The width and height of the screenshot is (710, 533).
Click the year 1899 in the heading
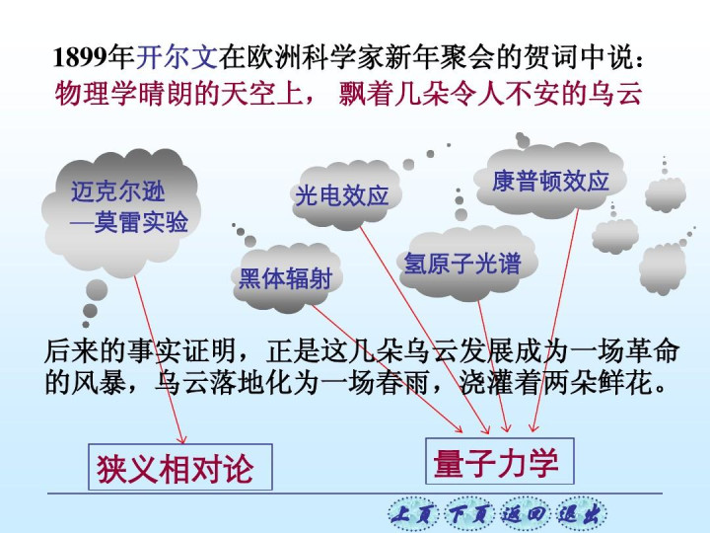click(80, 58)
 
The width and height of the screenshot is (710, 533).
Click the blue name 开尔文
click(177, 58)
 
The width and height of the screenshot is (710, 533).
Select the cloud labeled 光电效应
click(345, 194)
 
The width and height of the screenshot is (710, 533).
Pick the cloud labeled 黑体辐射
click(286, 277)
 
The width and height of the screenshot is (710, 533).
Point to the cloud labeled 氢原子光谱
click(466, 263)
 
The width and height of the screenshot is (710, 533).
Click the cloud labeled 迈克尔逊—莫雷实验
click(122, 212)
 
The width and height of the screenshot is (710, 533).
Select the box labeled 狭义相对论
click(180, 467)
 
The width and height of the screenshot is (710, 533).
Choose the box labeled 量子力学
click(499, 461)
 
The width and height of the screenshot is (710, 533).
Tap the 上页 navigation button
click(413, 514)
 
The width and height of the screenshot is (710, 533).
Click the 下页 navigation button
click(469, 514)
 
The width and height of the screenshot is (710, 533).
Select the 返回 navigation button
click(525, 514)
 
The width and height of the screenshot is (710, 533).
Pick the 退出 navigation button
click(581, 514)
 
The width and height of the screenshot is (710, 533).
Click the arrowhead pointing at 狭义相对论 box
click(182, 439)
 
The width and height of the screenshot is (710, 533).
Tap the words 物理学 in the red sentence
click(96, 94)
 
